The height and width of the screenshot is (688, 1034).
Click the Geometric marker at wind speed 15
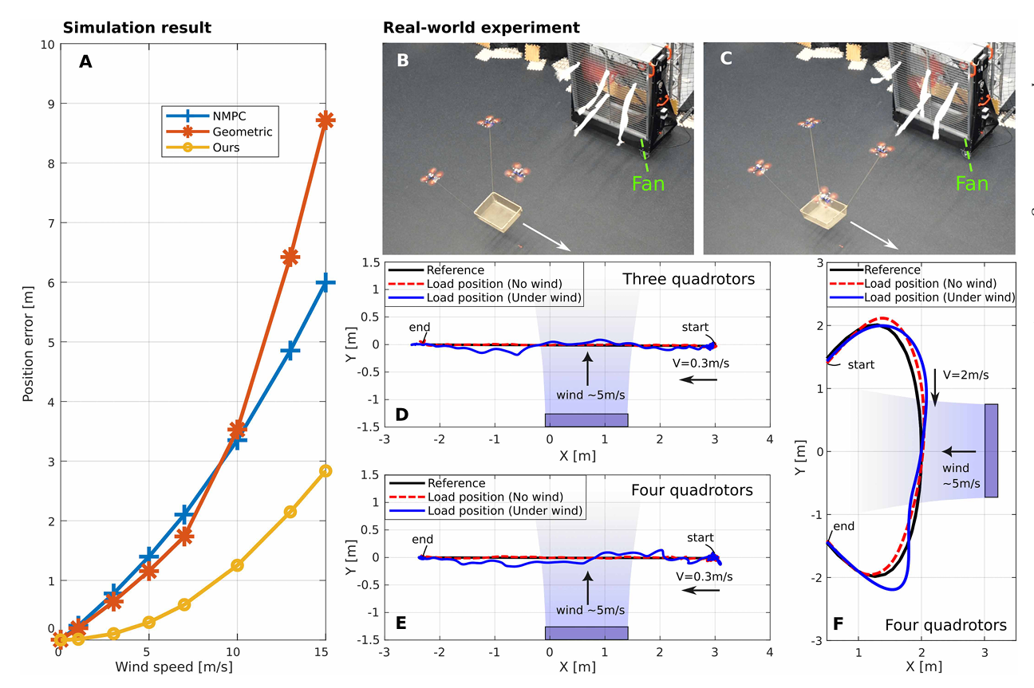click(326, 120)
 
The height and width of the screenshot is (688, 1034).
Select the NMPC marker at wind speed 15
click(326, 283)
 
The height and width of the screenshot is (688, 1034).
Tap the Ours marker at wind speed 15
click(326, 470)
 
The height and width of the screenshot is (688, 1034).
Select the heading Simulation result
click(136, 28)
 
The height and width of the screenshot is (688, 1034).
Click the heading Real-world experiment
click(481, 28)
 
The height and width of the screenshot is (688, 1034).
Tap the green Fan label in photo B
click(647, 184)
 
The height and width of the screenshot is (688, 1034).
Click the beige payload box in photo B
click(498, 211)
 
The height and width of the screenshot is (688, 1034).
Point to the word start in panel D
click(696, 327)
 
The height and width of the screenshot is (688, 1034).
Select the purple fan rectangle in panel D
click(586, 420)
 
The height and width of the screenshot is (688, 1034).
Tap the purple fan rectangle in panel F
click(991, 450)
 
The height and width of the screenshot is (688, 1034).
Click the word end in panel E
click(423, 540)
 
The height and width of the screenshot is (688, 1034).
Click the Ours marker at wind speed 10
click(236, 565)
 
